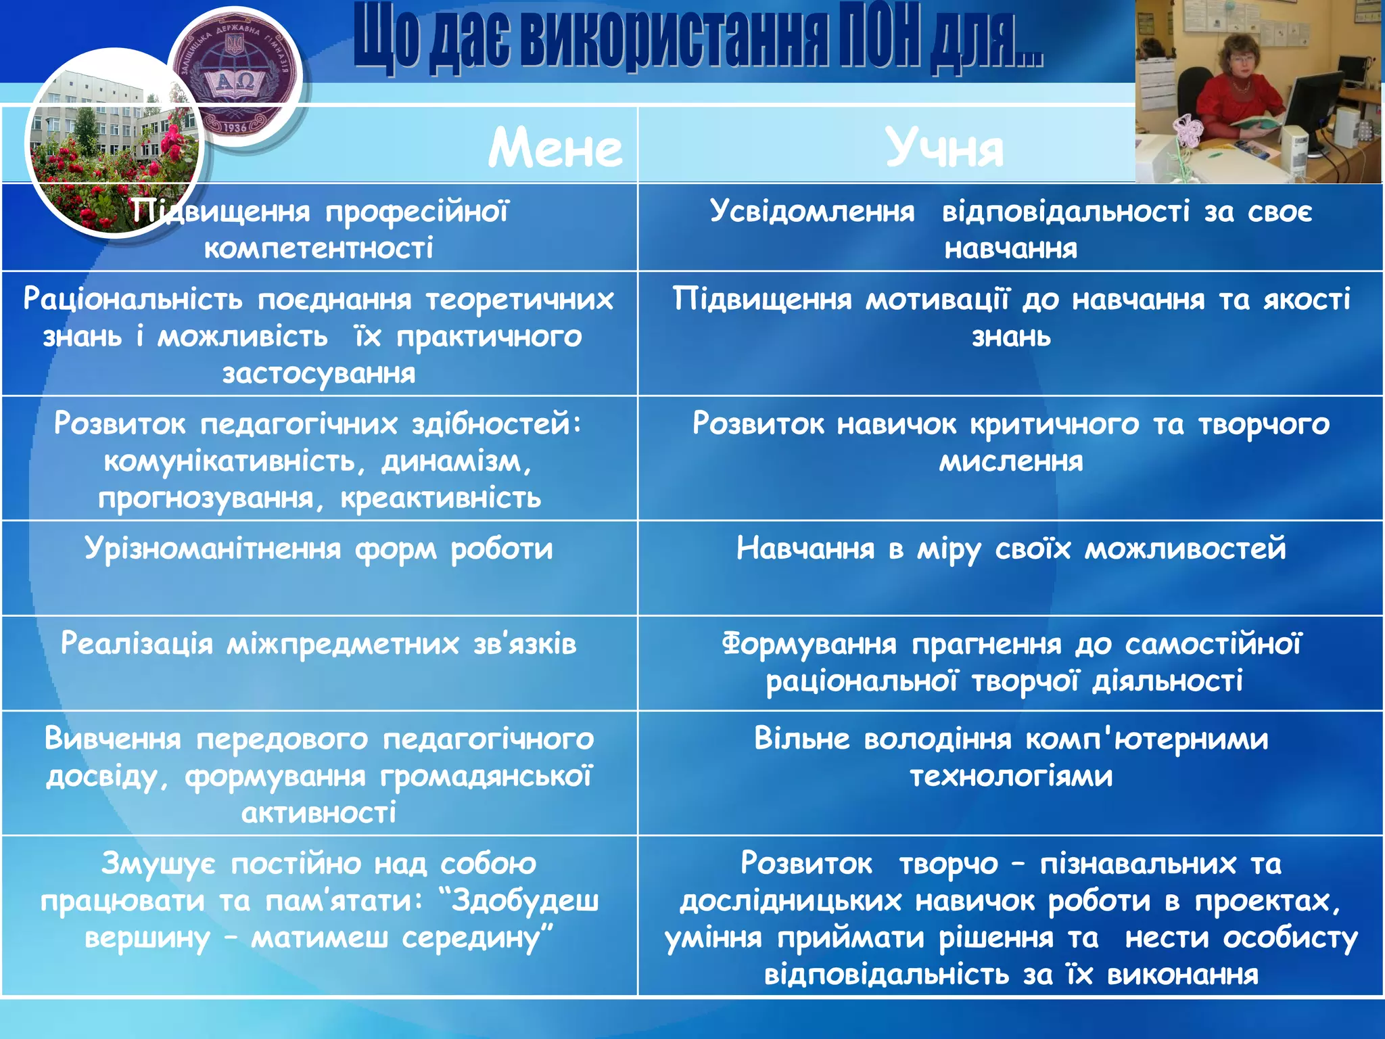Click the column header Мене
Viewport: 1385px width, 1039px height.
(555, 148)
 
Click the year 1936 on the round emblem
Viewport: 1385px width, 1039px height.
(235, 127)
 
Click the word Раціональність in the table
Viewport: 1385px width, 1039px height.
(133, 299)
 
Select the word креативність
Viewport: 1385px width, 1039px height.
(440, 498)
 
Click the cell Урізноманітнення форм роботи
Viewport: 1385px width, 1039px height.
(319, 549)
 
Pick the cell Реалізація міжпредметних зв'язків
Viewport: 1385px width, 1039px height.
(319, 643)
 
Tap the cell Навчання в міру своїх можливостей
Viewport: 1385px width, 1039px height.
(1010, 549)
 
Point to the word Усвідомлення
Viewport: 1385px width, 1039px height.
(812, 212)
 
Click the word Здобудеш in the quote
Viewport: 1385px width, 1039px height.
(525, 900)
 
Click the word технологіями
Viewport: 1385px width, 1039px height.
(1010, 776)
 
